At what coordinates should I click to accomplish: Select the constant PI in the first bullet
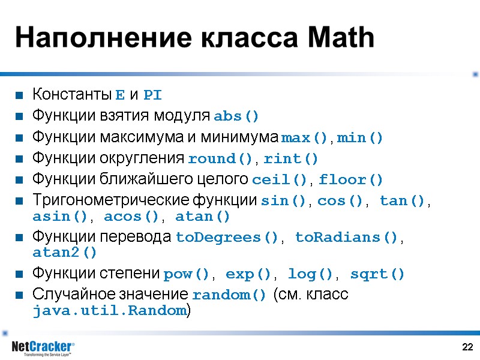coord(152,95)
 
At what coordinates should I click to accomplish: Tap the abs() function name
coord(236,116)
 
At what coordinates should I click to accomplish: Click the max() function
coord(305,137)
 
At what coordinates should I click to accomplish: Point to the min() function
coord(360,137)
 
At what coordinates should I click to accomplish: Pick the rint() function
coord(291,159)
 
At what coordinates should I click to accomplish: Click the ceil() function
coord(281,180)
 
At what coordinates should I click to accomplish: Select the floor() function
coord(350,180)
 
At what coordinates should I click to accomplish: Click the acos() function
coord(131,216)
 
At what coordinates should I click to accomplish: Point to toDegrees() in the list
coord(227,238)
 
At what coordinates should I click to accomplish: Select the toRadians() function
coord(346,238)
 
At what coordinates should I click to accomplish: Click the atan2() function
coord(64,253)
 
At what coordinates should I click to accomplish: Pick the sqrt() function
coord(377,274)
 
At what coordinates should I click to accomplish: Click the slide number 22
coord(468,347)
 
